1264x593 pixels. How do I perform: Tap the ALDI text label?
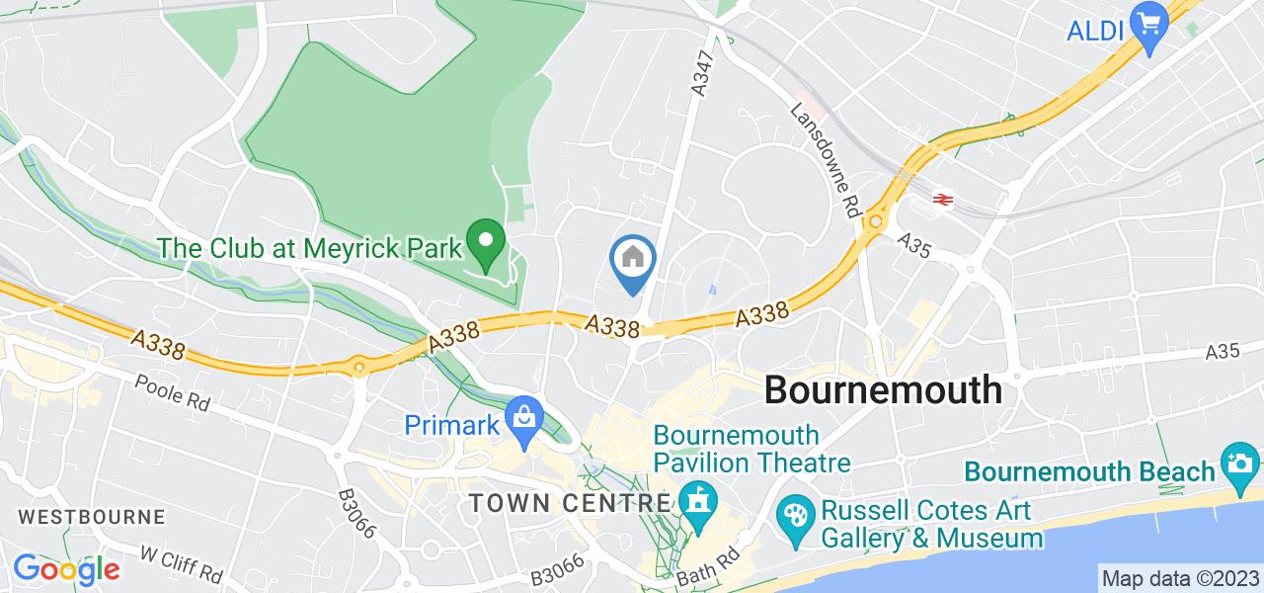1096,32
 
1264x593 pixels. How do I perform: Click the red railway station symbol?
942,200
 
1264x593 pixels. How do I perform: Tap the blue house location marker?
632,261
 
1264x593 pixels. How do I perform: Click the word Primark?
453,424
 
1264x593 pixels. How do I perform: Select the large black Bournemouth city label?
883,389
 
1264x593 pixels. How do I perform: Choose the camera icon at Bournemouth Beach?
1238,461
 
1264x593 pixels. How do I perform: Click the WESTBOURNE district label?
91,516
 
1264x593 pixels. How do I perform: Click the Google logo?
66,569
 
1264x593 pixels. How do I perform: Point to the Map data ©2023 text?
1180,578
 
